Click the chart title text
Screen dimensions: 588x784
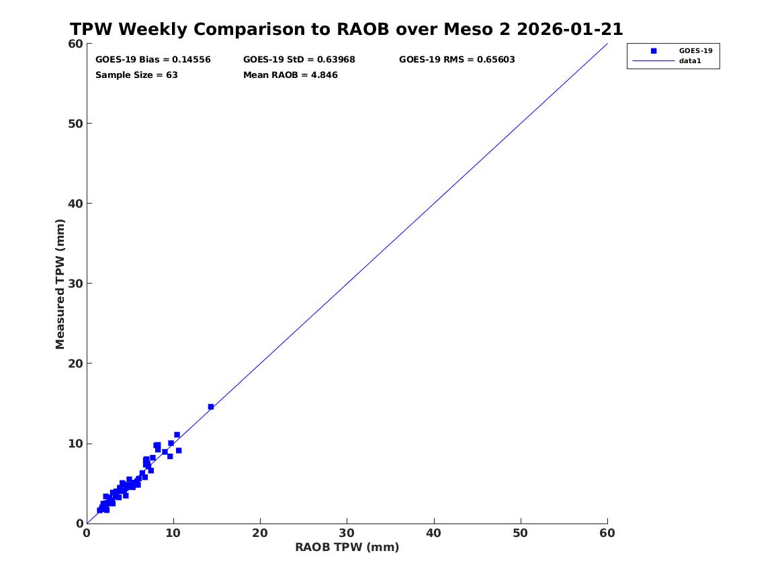347,30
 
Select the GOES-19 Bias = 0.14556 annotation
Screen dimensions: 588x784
153,59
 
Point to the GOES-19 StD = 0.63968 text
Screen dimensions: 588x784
299,59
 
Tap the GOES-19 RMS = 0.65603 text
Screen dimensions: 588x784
457,59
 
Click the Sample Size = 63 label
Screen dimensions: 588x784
136,75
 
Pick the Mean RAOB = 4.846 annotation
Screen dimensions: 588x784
290,75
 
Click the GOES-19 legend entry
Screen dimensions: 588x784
695,50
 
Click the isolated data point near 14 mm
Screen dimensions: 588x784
211,407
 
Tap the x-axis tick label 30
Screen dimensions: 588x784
347,533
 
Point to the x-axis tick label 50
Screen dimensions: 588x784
521,533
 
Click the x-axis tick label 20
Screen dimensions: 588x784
260,533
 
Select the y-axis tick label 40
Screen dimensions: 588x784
75,203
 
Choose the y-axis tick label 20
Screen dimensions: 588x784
75,363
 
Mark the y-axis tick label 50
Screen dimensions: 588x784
75,123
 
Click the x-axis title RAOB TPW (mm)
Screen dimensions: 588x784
347,547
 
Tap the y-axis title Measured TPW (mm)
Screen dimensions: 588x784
60,284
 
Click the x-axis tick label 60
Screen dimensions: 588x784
607,533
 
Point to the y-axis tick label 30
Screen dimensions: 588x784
75,283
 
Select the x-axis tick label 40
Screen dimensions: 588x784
434,533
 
